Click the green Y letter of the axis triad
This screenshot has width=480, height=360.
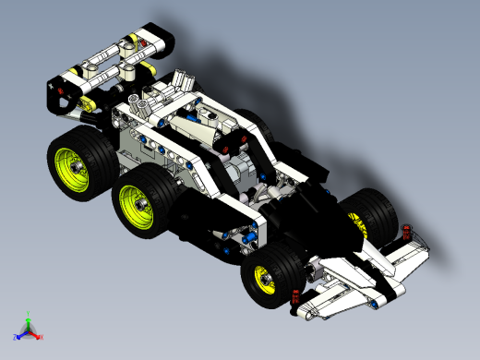click(30, 312)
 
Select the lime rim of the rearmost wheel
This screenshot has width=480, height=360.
click(73, 165)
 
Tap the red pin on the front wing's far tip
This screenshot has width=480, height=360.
click(407, 230)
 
